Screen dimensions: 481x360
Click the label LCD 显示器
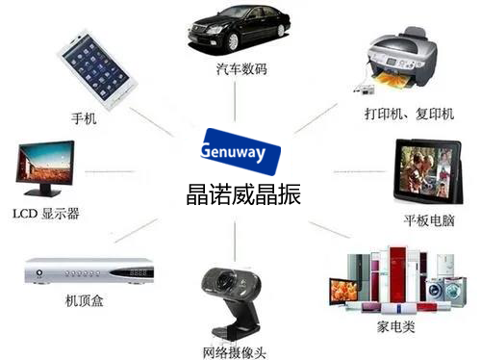(46, 213)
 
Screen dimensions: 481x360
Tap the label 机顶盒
(84, 301)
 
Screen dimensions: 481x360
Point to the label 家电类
(395, 327)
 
